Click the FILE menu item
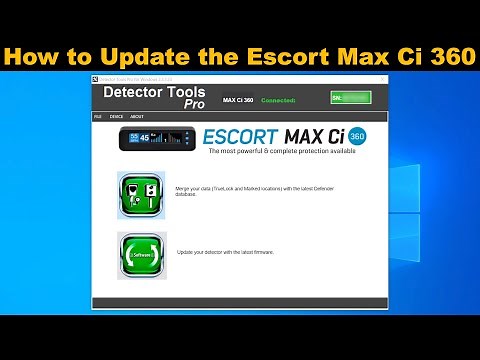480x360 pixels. tap(97, 116)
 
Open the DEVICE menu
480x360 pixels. tap(116, 116)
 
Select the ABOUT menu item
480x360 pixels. tap(137, 116)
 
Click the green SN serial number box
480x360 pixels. tap(350, 98)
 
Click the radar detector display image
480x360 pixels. tap(154, 139)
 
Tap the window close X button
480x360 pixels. tap(381, 77)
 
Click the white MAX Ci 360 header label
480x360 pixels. tap(237, 100)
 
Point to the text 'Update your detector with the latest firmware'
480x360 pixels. tap(225, 252)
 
